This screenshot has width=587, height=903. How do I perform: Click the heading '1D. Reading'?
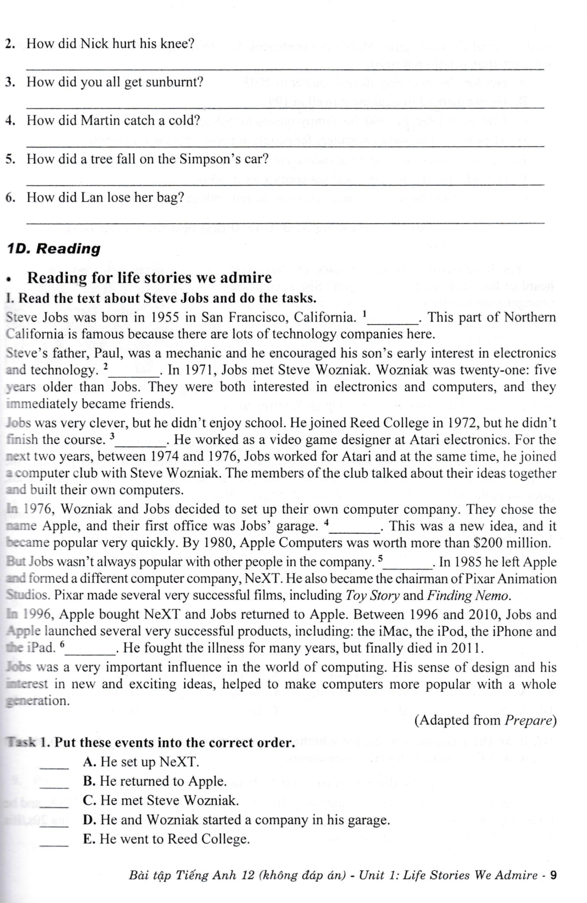55,248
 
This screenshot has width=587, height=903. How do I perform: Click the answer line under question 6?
285,222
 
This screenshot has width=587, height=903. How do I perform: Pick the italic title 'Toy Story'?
372,595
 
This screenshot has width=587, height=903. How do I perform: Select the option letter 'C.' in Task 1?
89,800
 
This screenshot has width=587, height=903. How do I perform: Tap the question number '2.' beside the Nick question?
10,44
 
